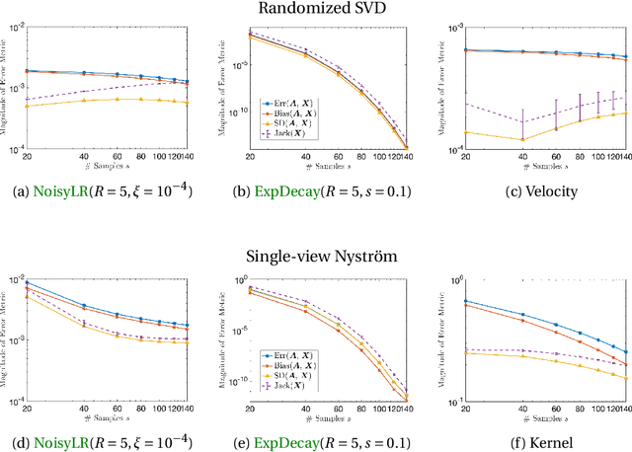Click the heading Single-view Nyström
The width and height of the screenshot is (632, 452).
pyautogui.click(x=315, y=257)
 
